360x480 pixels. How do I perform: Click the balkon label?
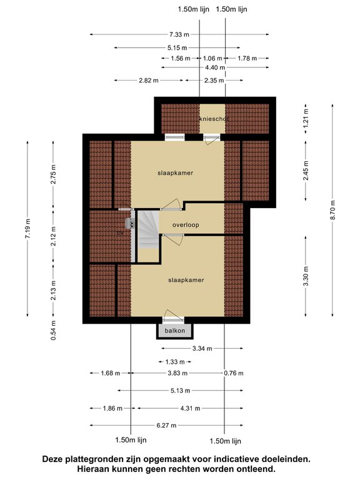174,331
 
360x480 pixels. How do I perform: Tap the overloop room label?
186,225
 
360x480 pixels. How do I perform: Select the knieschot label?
213,119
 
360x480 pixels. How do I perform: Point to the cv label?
120,233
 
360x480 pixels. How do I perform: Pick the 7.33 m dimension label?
179,34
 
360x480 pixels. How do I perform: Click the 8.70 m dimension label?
332,210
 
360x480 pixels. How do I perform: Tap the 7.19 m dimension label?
27,228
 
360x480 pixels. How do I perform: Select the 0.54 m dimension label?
53,330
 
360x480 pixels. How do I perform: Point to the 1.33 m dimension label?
175,362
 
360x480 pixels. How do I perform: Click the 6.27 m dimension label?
166,425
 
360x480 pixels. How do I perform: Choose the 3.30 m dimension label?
306,276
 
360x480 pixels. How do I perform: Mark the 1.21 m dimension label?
306,117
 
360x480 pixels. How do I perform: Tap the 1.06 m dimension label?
212,58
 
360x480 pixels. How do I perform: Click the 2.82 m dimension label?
149,81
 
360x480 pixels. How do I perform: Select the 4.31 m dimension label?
190,408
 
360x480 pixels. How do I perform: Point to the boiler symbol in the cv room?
130,224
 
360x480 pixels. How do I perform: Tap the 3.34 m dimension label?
202,348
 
